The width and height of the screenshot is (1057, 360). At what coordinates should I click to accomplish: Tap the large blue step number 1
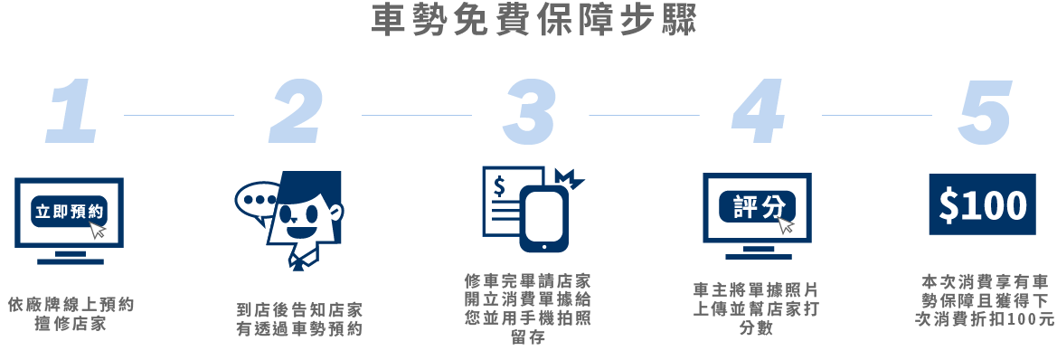(x=72, y=111)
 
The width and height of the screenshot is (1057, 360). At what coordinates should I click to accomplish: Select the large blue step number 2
(x=297, y=111)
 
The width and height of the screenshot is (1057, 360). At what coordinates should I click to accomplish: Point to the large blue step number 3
(x=530, y=111)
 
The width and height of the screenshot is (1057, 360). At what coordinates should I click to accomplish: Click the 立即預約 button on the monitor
(x=69, y=213)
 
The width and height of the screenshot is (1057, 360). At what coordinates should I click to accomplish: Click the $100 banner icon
(x=982, y=205)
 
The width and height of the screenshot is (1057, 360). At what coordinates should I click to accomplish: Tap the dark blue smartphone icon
(x=543, y=221)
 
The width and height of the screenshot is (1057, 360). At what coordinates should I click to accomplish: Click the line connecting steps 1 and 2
(x=178, y=115)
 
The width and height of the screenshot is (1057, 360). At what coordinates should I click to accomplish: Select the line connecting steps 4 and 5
(x=876, y=115)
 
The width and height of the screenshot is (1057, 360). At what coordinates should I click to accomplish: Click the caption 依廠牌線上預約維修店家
(x=71, y=313)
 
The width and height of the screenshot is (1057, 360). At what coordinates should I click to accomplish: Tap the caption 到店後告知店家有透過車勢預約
(x=298, y=319)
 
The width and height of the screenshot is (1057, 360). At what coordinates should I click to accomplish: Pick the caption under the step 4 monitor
(x=755, y=308)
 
